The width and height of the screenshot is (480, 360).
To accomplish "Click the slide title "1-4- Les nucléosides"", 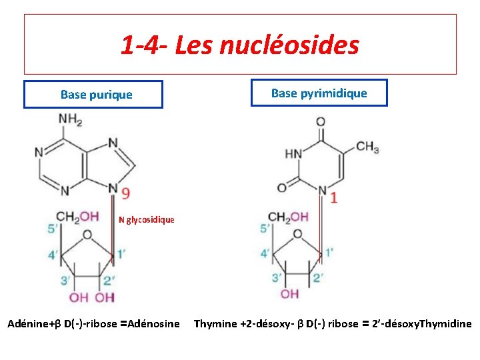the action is pyautogui.click(x=240, y=45).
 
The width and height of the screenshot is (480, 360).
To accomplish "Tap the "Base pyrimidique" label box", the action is pyautogui.click(x=319, y=93).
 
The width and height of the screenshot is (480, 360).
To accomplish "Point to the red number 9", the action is pyautogui.click(x=125, y=193).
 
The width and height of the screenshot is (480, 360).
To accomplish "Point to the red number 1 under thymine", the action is pyautogui.click(x=333, y=197).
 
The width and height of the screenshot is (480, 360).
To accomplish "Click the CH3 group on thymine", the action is pyautogui.click(x=367, y=147).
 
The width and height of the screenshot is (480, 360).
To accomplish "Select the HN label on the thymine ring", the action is pyautogui.click(x=293, y=154).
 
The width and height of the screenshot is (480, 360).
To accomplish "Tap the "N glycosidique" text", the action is pyautogui.click(x=147, y=219).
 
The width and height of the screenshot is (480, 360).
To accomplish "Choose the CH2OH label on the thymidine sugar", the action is pyautogui.click(x=288, y=217).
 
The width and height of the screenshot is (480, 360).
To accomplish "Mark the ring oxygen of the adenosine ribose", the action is pyautogui.click(x=87, y=235).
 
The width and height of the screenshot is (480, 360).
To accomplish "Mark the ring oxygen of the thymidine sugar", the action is pyautogui.click(x=297, y=235).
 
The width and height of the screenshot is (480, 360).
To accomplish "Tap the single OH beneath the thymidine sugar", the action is pyautogui.click(x=290, y=294).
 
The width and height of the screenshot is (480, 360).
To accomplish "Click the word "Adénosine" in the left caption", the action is pyautogui.click(x=153, y=324).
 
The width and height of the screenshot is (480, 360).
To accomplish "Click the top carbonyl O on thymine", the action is pyautogui.click(x=321, y=122).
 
